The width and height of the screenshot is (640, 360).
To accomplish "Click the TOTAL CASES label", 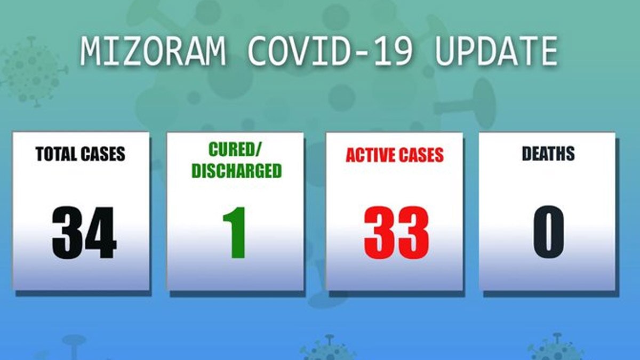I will [x=81, y=154].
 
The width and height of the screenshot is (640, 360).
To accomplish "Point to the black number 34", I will [x=84, y=233].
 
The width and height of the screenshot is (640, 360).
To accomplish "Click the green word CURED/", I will [x=236, y=150].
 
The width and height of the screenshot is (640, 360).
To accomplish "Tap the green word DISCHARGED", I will [x=236, y=171].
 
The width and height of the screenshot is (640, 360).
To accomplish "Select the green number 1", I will [x=235, y=233].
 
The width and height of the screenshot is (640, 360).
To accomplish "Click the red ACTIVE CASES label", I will [x=395, y=155].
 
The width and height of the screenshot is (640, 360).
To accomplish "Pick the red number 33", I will [x=396, y=233].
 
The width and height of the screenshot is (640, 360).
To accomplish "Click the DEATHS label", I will [x=548, y=154].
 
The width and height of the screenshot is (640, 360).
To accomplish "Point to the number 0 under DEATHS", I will [x=549, y=233].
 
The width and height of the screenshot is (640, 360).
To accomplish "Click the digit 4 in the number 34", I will [x=100, y=233].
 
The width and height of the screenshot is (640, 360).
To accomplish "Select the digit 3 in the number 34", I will [x=68, y=233].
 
